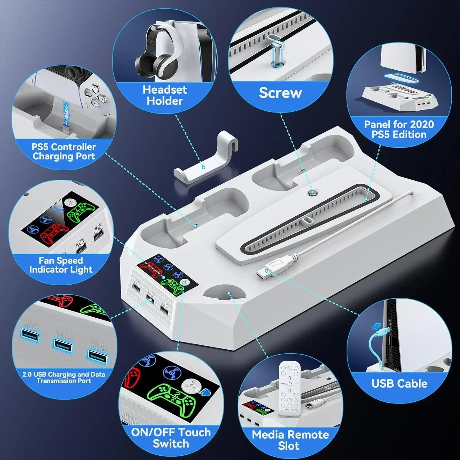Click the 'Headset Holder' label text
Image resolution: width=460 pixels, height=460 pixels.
(165, 95)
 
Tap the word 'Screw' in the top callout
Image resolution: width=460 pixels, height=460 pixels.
(280, 93)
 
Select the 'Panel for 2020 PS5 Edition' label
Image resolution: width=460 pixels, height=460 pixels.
(399, 129)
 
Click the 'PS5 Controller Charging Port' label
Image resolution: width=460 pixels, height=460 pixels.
(64, 151)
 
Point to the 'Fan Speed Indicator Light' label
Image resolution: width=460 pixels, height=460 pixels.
(61, 265)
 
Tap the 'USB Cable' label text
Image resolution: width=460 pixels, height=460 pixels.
(399, 383)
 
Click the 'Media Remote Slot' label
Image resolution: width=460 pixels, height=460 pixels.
(290, 440)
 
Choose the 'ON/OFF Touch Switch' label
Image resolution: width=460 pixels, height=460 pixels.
(171, 438)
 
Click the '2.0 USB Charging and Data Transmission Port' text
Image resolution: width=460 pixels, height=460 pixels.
(64, 378)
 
